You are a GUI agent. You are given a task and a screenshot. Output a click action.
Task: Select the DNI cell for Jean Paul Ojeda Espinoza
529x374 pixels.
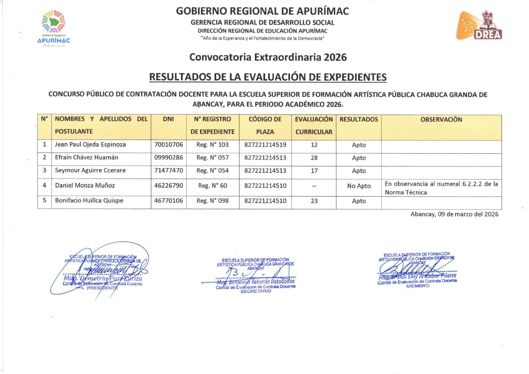click(x=168, y=144)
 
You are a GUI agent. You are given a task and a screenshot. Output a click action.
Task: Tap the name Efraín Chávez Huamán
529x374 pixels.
click(x=86, y=157)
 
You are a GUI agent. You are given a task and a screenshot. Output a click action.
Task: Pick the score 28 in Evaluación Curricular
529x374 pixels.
click(x=314, y=158)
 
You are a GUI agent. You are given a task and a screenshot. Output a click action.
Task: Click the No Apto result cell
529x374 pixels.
click(x=359, y=186)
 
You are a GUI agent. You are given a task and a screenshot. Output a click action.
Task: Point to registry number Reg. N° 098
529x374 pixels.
click(x=212, y=201)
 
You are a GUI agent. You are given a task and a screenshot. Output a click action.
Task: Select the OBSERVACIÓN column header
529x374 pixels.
click(x=441, y=119)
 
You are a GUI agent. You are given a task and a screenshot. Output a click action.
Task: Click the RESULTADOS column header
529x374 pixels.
click(x=359, y=119)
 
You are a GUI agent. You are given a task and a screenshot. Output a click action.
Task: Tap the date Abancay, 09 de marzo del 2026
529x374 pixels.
click(x=454, y=214)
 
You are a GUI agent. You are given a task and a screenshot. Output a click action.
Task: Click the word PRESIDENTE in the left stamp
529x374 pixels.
click(x=102, y=288)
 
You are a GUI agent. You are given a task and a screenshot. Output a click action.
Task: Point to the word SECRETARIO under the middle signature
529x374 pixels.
click(x=256, y=291)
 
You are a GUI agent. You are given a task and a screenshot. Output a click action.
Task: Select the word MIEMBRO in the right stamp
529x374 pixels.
click(x=417, y=286)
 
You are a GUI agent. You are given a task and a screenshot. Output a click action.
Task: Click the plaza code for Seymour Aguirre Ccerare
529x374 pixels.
click(x=265, y=171)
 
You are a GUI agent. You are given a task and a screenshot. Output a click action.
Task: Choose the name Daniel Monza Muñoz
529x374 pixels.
click(x=85, y=185)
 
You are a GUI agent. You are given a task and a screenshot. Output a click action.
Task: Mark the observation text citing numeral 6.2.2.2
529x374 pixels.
click(x=441, y=188)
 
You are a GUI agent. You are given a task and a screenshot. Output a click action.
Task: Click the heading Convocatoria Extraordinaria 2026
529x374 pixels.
click(x=268, y=57)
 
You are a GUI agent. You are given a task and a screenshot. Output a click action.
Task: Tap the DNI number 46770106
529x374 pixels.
click(x=168, y=201)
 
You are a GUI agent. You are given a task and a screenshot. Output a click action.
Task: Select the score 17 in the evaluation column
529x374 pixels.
click(x=314, y=171)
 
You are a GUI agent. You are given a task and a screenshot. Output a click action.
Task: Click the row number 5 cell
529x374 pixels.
click(x=44, y=201)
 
